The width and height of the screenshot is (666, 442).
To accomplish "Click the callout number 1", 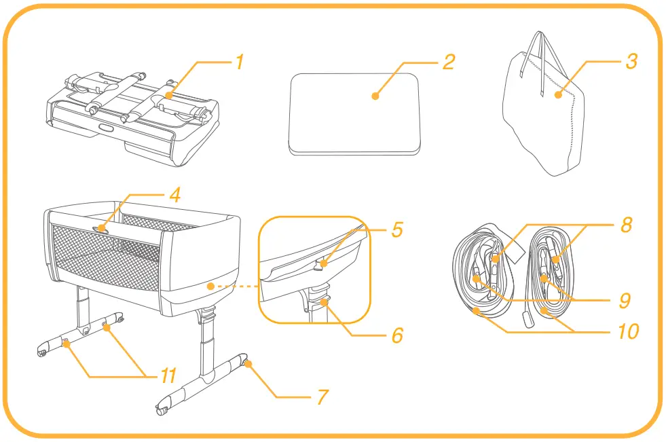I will pos(239,62).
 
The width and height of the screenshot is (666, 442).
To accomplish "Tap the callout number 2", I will pos(448,62).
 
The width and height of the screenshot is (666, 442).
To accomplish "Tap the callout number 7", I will pos(323,396).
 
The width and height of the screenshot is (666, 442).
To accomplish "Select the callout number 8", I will pos(626,225).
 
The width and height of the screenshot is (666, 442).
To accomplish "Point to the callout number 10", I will pos(628,332).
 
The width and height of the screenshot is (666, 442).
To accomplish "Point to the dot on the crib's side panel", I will pos(212,287).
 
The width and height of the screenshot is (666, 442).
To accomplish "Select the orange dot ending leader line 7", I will pos(249,364).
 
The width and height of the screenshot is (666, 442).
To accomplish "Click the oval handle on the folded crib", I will pos(107,127).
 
